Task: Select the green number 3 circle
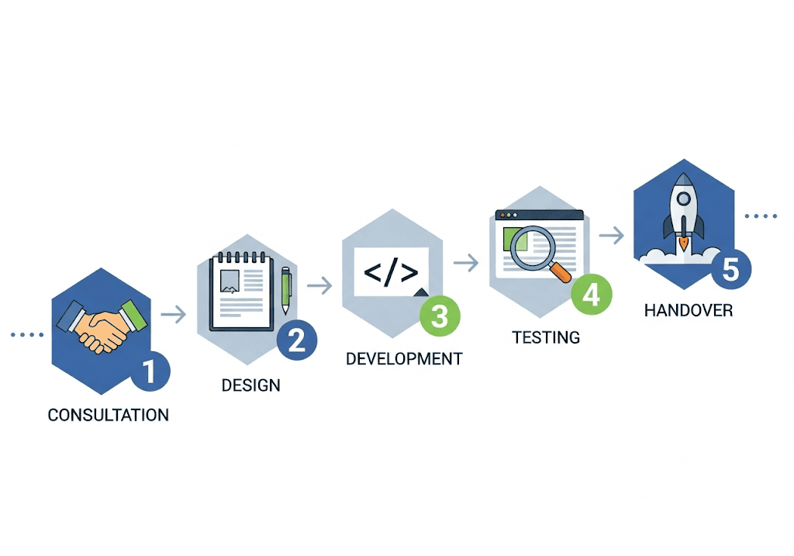tap(439, 316)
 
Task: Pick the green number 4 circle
tap(592, 294)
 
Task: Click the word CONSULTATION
tap(108, 415)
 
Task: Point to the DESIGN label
tap(250, 385)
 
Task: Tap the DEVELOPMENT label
tap(403, 359)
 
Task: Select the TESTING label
tap(546, 337)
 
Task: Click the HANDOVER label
tap(689, 311)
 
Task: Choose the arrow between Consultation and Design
tap(173, 314)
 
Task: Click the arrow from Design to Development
tap(319, 287)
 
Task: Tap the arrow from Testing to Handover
tap(613, 236)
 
